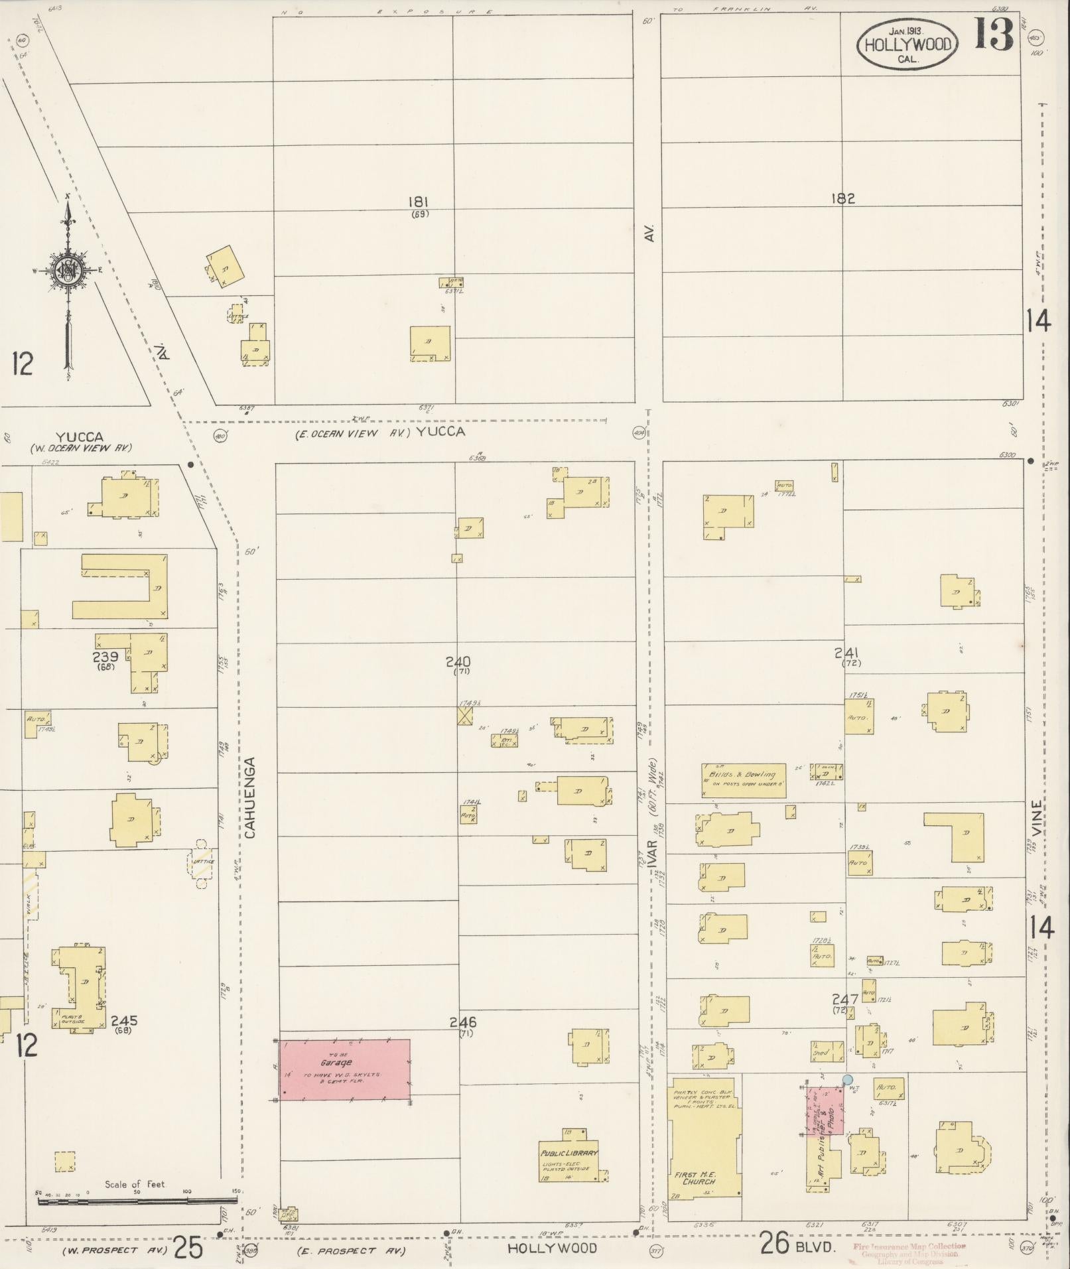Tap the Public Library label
tap(568, 1152)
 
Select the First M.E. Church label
tap(695, 1178)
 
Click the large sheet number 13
tap(994, 34)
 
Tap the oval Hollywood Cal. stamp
tap(907, 45)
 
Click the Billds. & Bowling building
tap(744, 779)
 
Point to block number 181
tap(419, 202)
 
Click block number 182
tap(842, 198)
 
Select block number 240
tap(458, 661)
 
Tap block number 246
tap(462, 1041)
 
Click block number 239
tap(105, 657)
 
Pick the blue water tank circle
tap(847, 1079)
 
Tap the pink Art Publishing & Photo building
tap(826, 1110)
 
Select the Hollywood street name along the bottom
tap(552, 1247)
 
